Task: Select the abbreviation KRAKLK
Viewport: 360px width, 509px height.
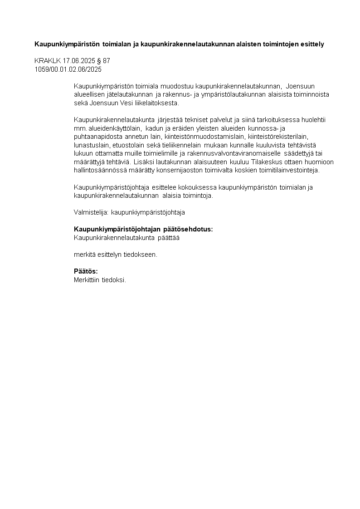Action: click(x=45, y=61)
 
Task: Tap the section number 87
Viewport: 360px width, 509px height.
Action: click(x=107, y=61)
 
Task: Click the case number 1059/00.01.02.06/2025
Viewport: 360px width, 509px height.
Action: click(x=68, y=69)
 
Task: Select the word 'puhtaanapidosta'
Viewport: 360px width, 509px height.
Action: click(x=95, y=137)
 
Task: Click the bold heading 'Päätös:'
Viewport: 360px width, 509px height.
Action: click(x=86, y=271)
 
